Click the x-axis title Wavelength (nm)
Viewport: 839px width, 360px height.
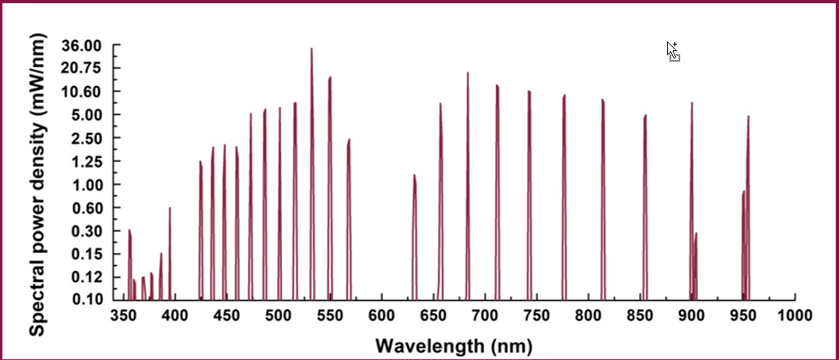[x=458, y=346]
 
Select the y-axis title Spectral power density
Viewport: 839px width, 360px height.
[x=37, y=182]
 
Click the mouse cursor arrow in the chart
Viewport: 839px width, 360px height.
[x=672, y=50]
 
